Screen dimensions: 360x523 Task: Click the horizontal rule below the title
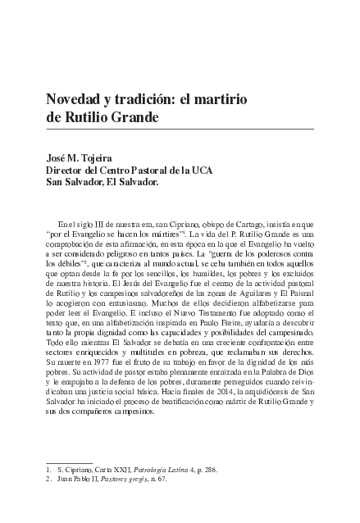pos(180,130)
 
